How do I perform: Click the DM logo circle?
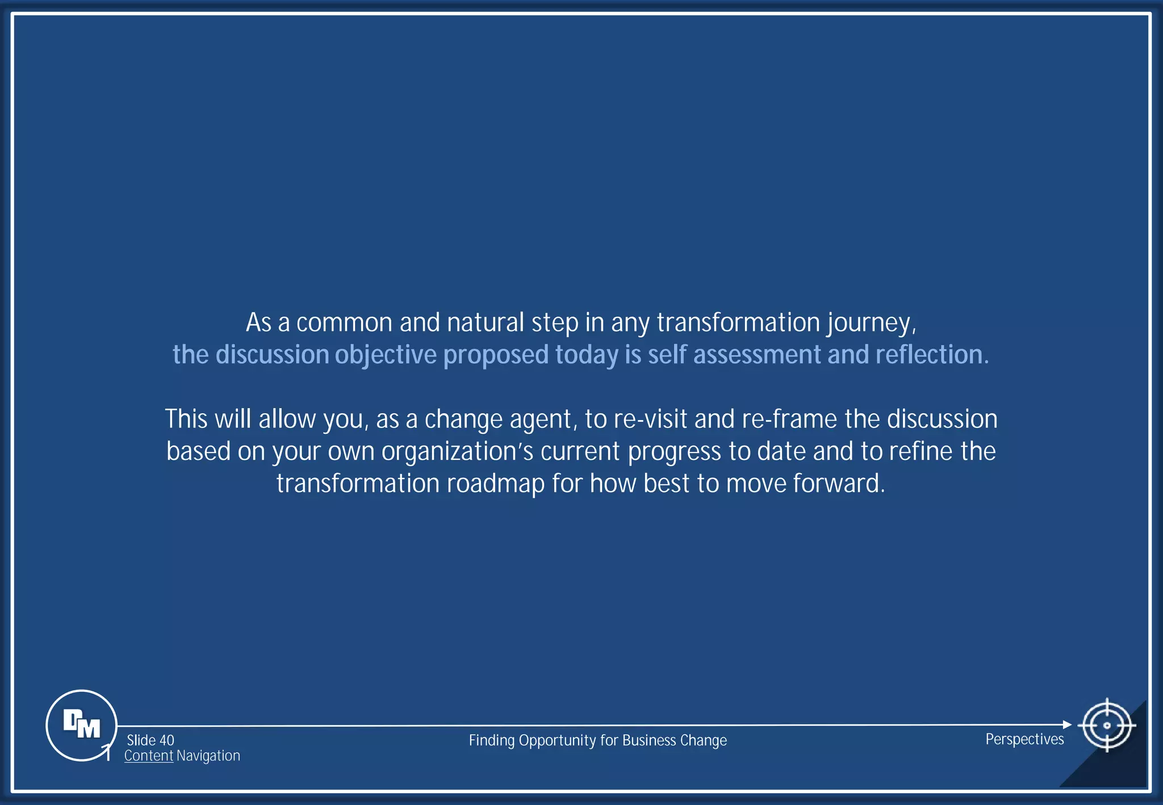[81, 725]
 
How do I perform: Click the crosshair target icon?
[1106, 725]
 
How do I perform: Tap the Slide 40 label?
[150, 740]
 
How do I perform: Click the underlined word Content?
[149, 756]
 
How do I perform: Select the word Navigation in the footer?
[208, 756]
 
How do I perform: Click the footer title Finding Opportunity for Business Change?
[597, 740]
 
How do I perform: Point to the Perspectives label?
[1024, 739]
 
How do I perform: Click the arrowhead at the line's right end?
[1067, 724]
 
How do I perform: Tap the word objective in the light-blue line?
[386, 355]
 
